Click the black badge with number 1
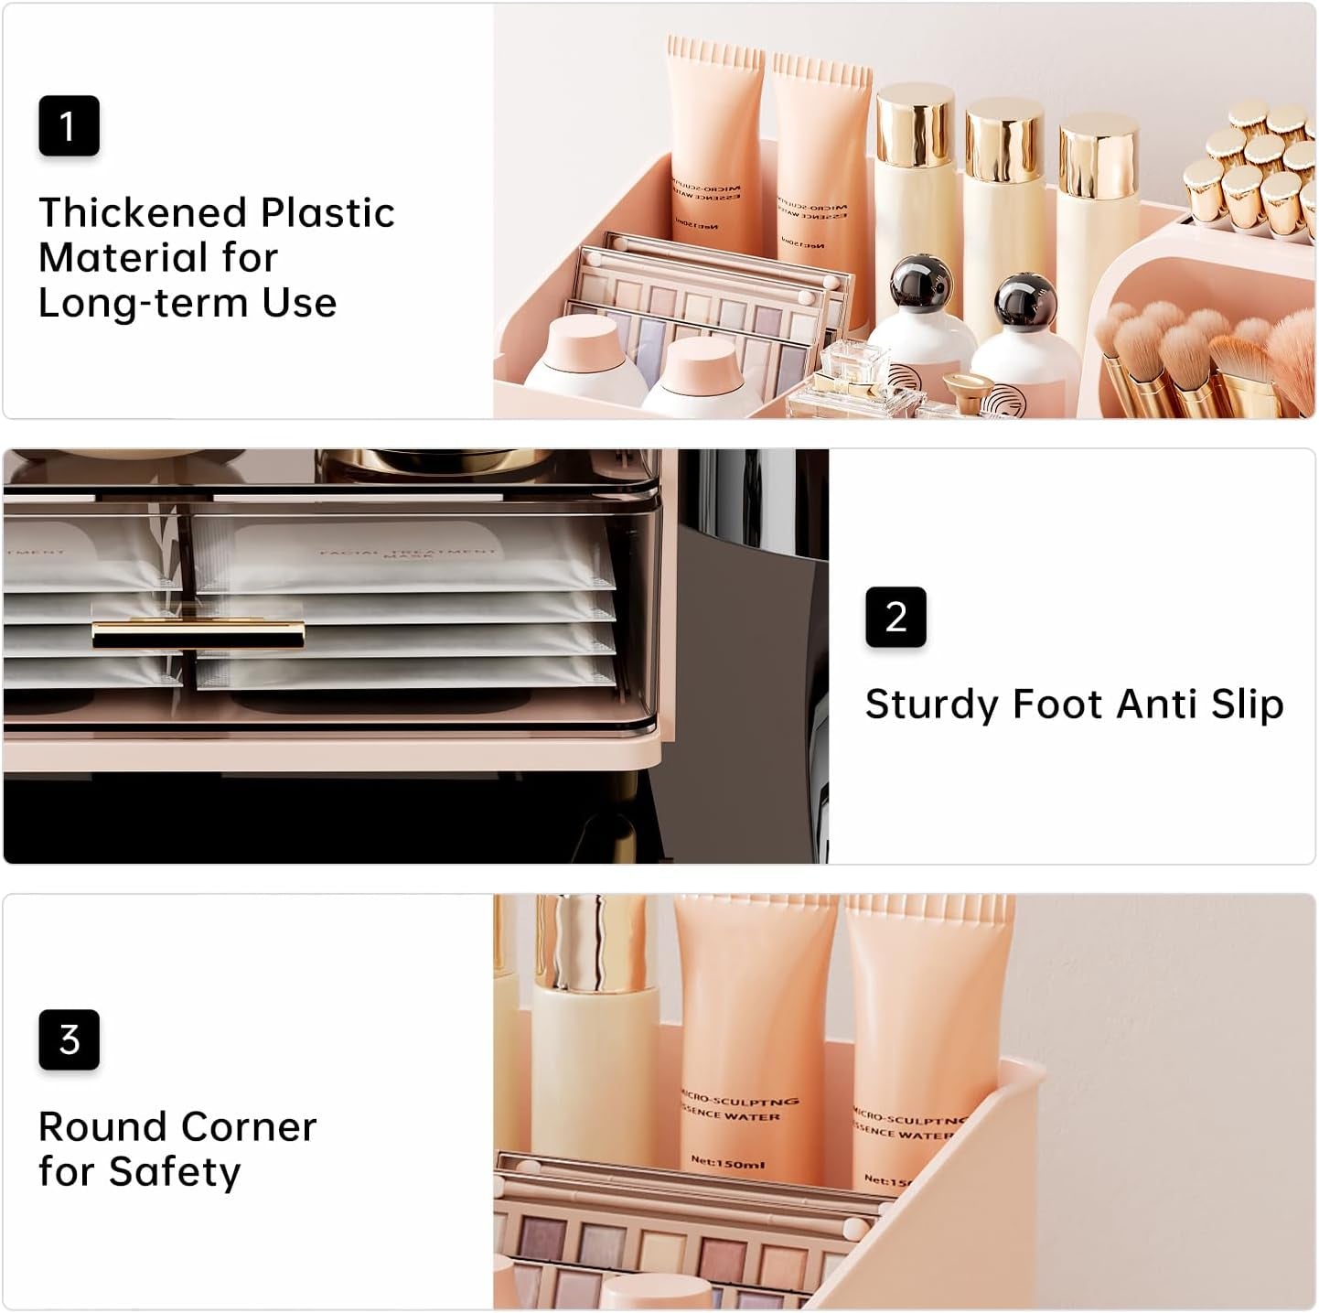69,125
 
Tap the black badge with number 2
895,617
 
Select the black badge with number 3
69,1039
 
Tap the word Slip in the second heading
1247,705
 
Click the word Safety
174,1172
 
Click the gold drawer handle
198,633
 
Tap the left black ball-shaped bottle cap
917,284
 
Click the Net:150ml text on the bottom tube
727,1162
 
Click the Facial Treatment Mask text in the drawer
407,553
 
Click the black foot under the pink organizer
631,814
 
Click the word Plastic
327,212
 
